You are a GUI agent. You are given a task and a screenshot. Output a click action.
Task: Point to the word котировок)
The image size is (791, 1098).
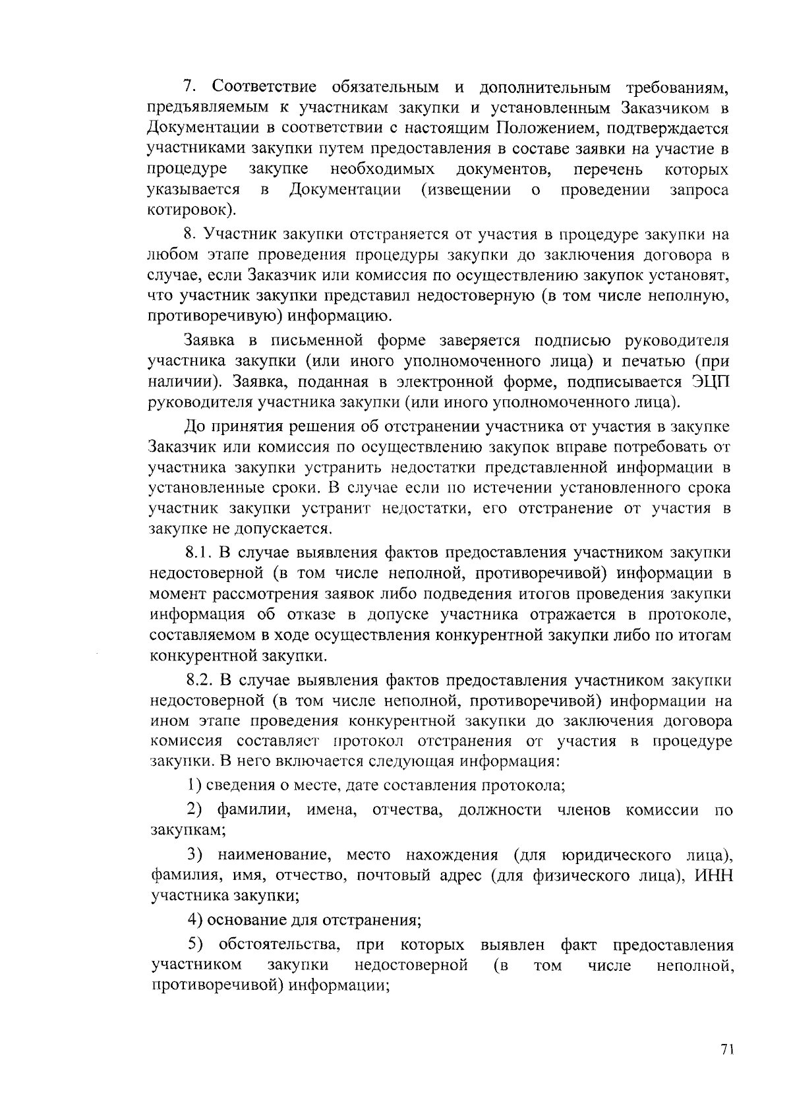coord(190,211)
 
